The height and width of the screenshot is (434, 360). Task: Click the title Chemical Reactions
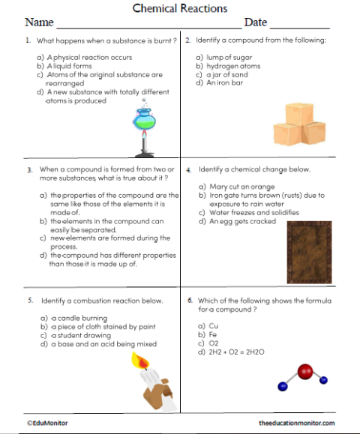coord(179,8)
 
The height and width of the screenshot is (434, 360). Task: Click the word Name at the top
coord(39,22)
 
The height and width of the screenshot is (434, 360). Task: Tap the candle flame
coord(139,362)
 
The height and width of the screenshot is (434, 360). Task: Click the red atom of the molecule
coord(304,370)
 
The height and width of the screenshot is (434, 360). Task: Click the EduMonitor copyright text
coord(47,423)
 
